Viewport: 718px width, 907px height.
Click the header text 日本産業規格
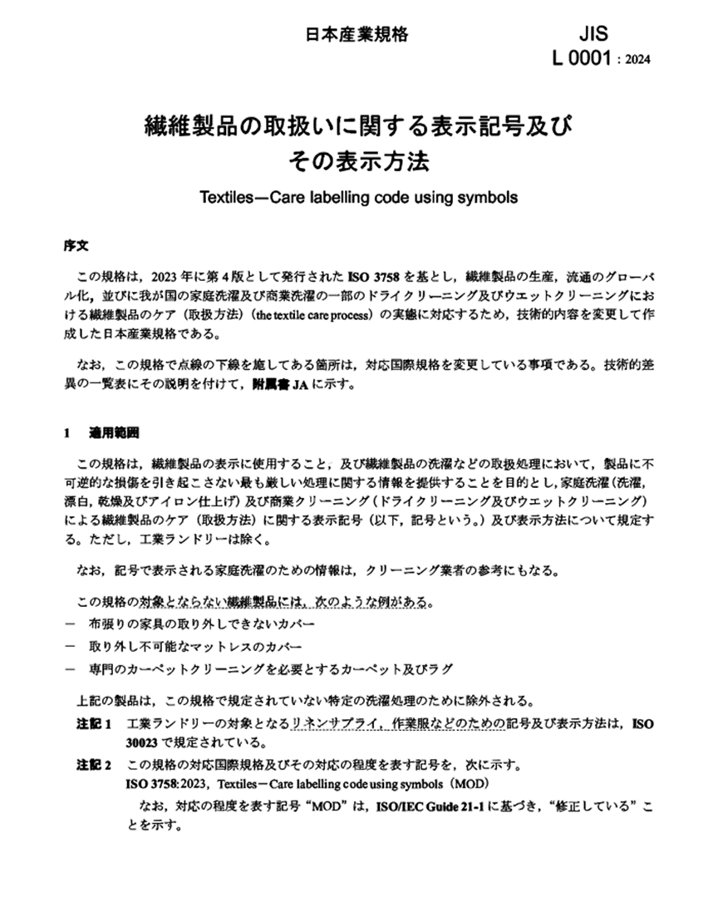[x=357, y=35]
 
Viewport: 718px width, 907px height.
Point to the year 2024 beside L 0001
[x=636, y=60]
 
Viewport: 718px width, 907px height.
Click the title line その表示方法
[x=358, y=160]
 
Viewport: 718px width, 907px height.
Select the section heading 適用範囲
[x=114, y=433]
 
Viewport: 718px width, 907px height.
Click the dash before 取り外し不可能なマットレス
[x=68, y=646]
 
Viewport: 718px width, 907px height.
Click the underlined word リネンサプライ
[x=332, y=724]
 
